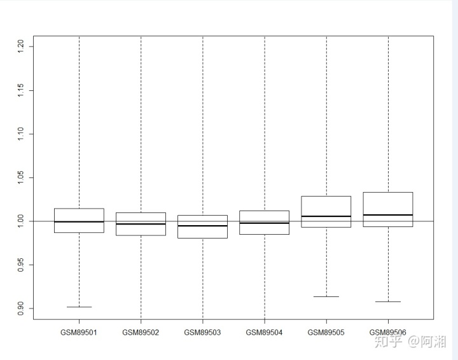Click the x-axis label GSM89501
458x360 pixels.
[x=79, y=333]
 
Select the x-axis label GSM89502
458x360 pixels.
[x=141, y=333]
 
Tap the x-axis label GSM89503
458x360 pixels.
[x=202, y=333]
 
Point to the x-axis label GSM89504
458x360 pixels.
[x=264, y=333]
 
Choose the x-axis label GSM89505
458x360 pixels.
[x=326, y=333]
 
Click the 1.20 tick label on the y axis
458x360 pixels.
[x=20, y=46]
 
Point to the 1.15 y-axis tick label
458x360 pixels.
[x=20, y=90]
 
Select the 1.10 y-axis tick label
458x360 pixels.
[x=20, y=134]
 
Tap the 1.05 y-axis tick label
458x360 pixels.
[x=20, y=177]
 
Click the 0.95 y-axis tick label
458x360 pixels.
[x=20, y=265]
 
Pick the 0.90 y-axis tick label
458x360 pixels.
[x=20, y=308]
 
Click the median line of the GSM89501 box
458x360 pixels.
[x=79, y=222]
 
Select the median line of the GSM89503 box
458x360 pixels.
[x=202, y=226]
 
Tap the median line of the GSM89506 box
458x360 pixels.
[x=388, y=215]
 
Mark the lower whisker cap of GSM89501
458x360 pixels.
[x=79, y=307]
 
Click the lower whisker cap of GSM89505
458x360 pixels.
[x=326, y=296]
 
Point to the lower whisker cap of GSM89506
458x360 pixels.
[x=388, y=301]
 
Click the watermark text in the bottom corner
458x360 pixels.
[x=410, y=342]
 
